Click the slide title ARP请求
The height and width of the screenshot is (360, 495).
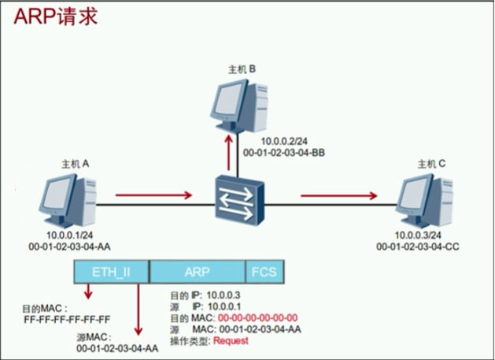[54, 17]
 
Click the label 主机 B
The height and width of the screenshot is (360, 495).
[242, 69]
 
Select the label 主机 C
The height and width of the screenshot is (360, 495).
[432, 163]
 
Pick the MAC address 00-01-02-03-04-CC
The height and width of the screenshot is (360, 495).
[419, 247]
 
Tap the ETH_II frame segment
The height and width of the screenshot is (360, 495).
[110, 272]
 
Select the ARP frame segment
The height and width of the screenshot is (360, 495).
[197, 272]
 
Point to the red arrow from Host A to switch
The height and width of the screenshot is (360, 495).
[153, 195]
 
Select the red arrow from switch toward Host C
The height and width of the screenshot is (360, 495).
[338, 195]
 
